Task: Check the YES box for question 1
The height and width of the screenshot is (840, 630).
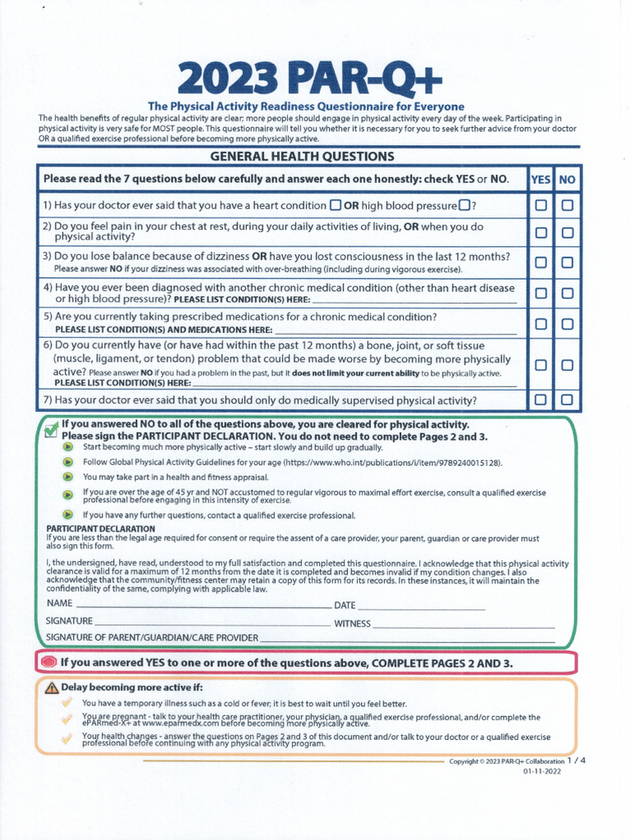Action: coord(541,206)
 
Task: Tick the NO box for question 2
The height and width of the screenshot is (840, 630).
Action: coord(567,232)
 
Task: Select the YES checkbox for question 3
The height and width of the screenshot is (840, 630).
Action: coord(541,262)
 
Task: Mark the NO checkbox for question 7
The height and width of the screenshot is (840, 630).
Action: coord(567,399)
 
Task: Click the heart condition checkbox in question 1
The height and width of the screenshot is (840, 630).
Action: coord(336,205)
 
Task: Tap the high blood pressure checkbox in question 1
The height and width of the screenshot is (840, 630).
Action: coord(464,205)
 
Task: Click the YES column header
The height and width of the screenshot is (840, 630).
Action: coord(541,179)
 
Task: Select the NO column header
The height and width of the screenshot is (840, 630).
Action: coord(567,179)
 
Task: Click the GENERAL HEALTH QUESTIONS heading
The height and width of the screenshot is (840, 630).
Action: coord(303,156)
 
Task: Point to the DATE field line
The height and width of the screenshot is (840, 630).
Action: coord(422,608)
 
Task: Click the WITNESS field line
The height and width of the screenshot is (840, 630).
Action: coord(463,626)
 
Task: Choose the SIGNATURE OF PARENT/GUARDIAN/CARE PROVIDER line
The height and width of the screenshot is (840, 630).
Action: coord(407,640)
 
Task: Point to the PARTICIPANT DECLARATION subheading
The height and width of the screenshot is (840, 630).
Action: coord(100,529)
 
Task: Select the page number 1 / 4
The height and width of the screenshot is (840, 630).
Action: coord(577,760)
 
